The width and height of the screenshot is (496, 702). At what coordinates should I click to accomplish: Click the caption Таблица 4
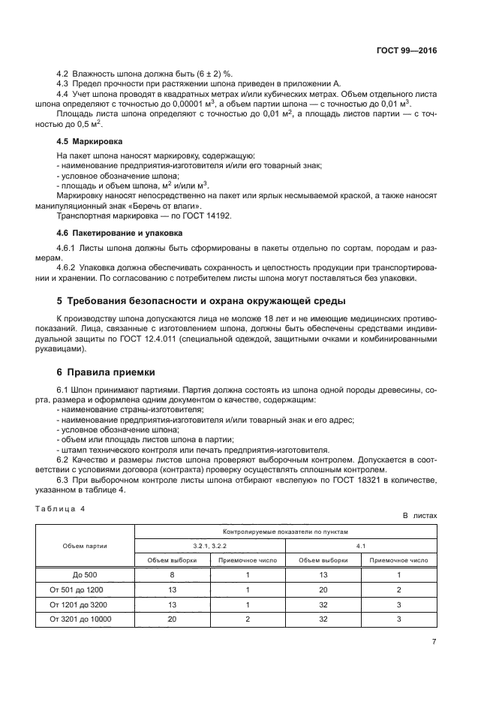(x=61, y=508)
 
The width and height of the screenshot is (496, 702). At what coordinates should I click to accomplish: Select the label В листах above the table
(x=419, y=517)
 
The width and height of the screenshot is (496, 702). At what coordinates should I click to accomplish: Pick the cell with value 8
(x=173, y=574)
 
